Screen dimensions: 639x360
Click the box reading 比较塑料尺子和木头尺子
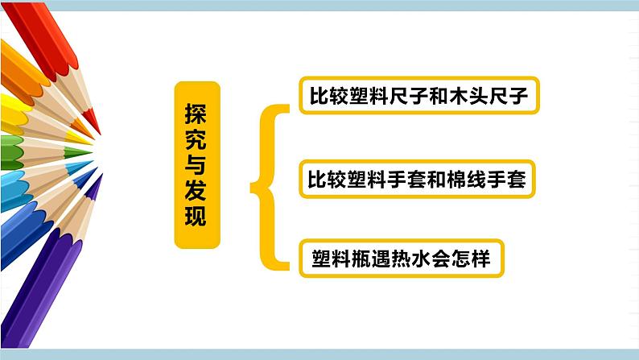click(418, 97)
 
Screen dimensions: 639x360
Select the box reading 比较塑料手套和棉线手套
click(416, 179)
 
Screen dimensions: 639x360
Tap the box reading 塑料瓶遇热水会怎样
click(401, 259)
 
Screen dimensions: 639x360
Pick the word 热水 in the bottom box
click(402, 259)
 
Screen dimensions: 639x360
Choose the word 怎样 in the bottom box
click(471, 259)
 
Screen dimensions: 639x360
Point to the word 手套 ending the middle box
click(508, 179)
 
